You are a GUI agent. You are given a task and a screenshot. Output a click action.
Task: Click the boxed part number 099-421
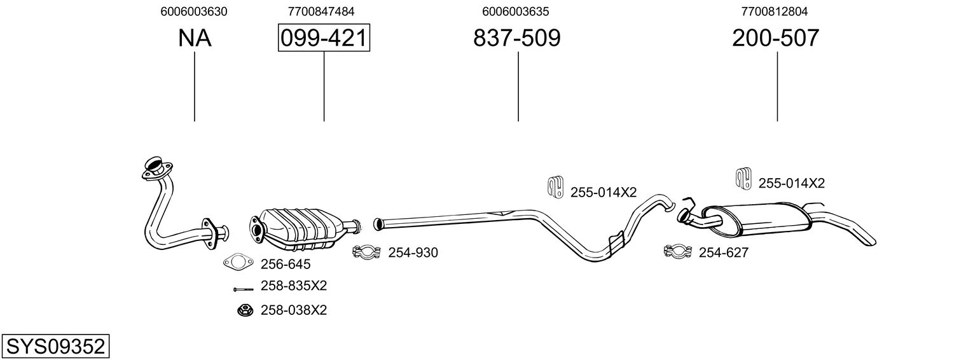tap(324, 38)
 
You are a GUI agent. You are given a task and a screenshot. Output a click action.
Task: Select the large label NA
tap(195, 38)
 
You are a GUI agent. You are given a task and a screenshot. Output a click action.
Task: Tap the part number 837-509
tap(517, 38)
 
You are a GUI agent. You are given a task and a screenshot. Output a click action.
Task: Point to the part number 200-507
tap(775, 38)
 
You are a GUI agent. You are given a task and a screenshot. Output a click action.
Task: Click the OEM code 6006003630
tap(194, 11)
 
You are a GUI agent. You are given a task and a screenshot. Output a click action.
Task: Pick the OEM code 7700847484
tap(321, 11)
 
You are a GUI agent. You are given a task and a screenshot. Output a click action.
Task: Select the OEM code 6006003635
tap(516, 11)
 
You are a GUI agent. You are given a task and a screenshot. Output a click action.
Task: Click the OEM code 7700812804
tap(775, 11)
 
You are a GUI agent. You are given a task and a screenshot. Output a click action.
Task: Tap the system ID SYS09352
tap(55, 347)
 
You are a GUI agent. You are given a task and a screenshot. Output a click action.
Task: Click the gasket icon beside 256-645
tap(238, 262)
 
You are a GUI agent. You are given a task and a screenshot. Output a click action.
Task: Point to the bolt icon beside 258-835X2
tap(243, 289)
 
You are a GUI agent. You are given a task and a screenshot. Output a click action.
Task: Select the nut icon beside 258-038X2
tap(245, 310)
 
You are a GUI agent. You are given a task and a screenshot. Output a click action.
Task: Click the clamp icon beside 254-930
tap(366, 252)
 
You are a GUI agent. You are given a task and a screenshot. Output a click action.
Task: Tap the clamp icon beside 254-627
tap(678, 252)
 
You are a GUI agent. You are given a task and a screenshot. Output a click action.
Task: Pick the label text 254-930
tap(413, 253)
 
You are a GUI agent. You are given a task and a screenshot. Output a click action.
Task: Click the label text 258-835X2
tap(294, 286)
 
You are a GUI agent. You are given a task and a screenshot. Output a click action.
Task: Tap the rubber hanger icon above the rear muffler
tap(743, 178)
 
